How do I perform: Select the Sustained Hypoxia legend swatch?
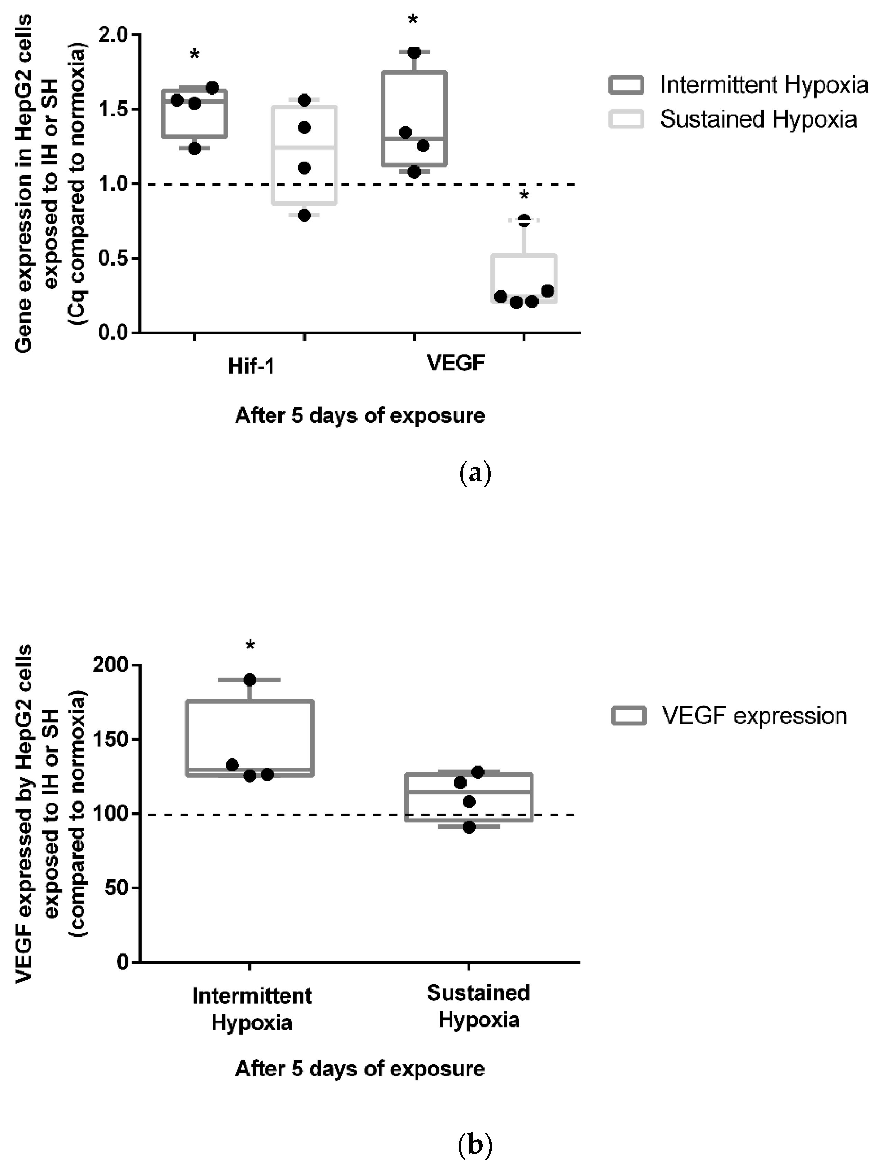pyautogui.click(x=626, y=119)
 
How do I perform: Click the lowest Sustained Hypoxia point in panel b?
pyautogui.click(x=469, y=827)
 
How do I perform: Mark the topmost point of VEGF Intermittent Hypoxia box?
pyautogui.click(x=414, y=53)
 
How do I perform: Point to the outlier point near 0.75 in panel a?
pyautogui.click(x=524, y=221)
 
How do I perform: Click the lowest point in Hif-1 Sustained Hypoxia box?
pyautogui.click(x=304, y=215)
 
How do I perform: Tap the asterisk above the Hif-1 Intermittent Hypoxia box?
pyautogui.click(x=195, y=55)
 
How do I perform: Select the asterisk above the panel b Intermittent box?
pyautogui.click(x=250, y=646)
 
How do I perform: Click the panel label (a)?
pyautogui.click(x=475, y=474)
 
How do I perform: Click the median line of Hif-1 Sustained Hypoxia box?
pyautogui.click(x=304, y=147)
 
